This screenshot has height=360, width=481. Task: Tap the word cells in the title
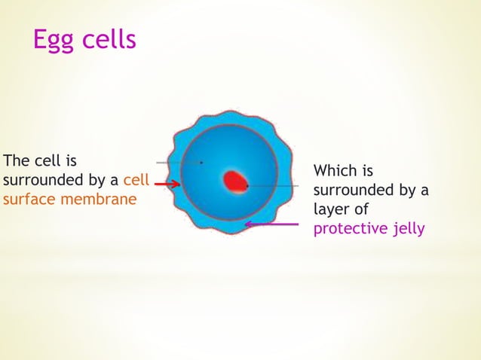(x=109, y=39)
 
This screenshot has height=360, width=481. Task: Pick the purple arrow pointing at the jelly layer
(x=271, y=224)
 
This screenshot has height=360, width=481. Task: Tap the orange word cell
(x=136, y=181)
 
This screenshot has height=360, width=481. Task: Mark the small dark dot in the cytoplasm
(x=201, y=162)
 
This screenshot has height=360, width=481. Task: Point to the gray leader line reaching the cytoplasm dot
(x=177, y=162)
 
